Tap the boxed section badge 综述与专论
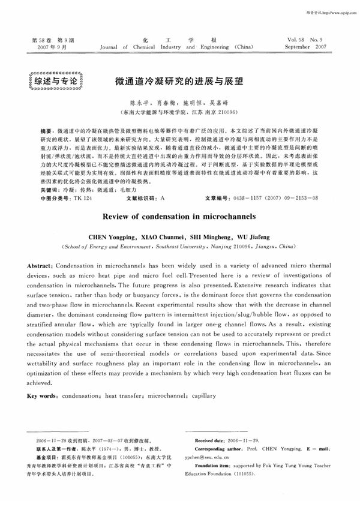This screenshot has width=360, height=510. click(52, 80)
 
